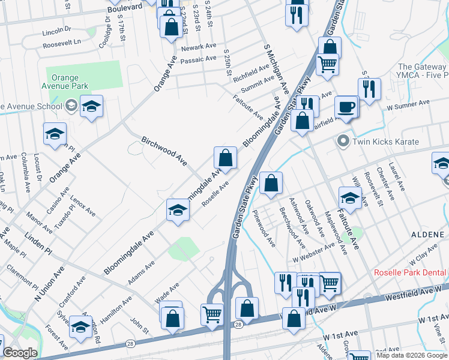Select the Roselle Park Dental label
point(411,272)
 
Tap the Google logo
point(20,353)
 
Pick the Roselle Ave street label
point(215,194)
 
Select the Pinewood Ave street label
point(264,228)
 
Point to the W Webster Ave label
point(313,253)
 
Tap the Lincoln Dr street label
point(56,29)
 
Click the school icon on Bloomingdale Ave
point(178,209)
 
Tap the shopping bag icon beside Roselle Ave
point(225,158)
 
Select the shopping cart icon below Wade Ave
point(212,314)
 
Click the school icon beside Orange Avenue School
point(91,106)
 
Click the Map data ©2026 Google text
point(411,355)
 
